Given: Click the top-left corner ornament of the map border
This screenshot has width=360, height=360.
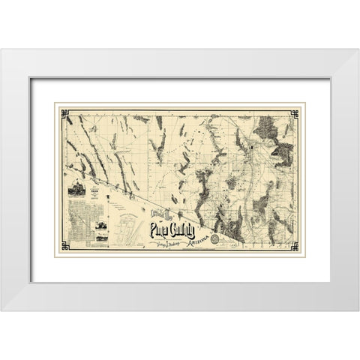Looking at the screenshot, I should click(x=65, y=113).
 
